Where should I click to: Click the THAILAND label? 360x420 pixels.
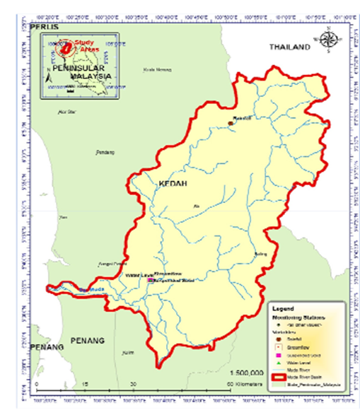tap(289, 47)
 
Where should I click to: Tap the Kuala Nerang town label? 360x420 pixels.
tap(158, 69)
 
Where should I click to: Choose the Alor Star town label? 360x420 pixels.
tap(66, 112)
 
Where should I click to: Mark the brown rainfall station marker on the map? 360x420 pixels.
tap(231, 124)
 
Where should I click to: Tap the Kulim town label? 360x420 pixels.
tap(127, 352)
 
